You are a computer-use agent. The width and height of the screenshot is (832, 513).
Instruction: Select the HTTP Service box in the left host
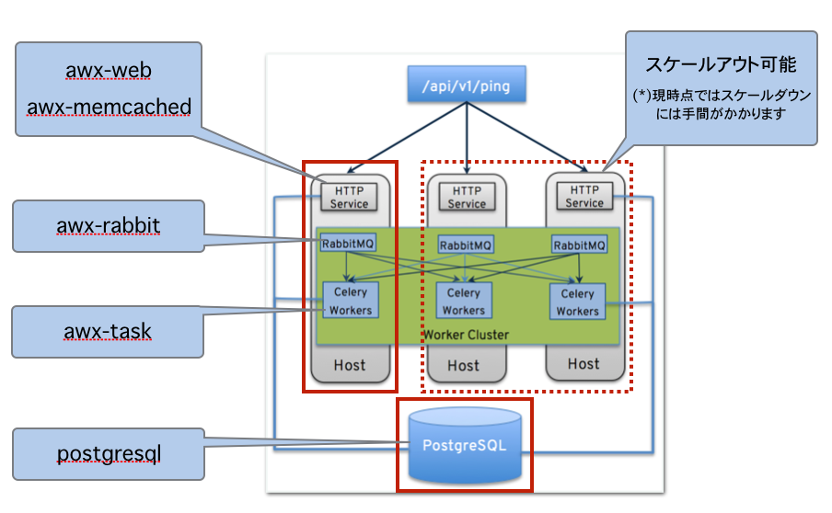pos(348,196)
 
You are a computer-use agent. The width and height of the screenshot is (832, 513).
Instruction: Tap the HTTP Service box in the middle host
pos(467,196)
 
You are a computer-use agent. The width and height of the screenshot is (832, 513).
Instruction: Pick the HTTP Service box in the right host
pos(584,195)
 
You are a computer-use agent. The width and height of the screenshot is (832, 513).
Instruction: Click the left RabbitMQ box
pos(348,244)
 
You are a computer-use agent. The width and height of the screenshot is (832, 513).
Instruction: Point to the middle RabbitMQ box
pos(465,245)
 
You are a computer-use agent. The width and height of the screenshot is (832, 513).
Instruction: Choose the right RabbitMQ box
pos(579,245)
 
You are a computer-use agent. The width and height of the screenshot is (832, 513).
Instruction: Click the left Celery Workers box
pos(350,301)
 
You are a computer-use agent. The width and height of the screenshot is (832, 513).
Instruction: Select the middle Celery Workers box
pos(464,302)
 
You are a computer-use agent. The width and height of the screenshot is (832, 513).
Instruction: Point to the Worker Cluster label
pos(465,334)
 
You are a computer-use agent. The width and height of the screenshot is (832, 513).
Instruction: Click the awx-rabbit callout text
pos(108,226)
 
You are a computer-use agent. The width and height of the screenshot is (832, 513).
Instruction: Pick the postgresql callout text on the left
pos(109,453)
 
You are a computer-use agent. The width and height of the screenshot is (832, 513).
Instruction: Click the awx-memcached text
pos(109,107)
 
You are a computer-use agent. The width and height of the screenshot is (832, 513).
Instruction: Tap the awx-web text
pos(109,71)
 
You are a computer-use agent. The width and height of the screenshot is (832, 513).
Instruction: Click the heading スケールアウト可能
pos(721,64)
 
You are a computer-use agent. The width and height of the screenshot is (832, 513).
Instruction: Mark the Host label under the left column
pos(350,365)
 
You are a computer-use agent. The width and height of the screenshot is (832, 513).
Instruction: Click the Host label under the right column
pos(584,363)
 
